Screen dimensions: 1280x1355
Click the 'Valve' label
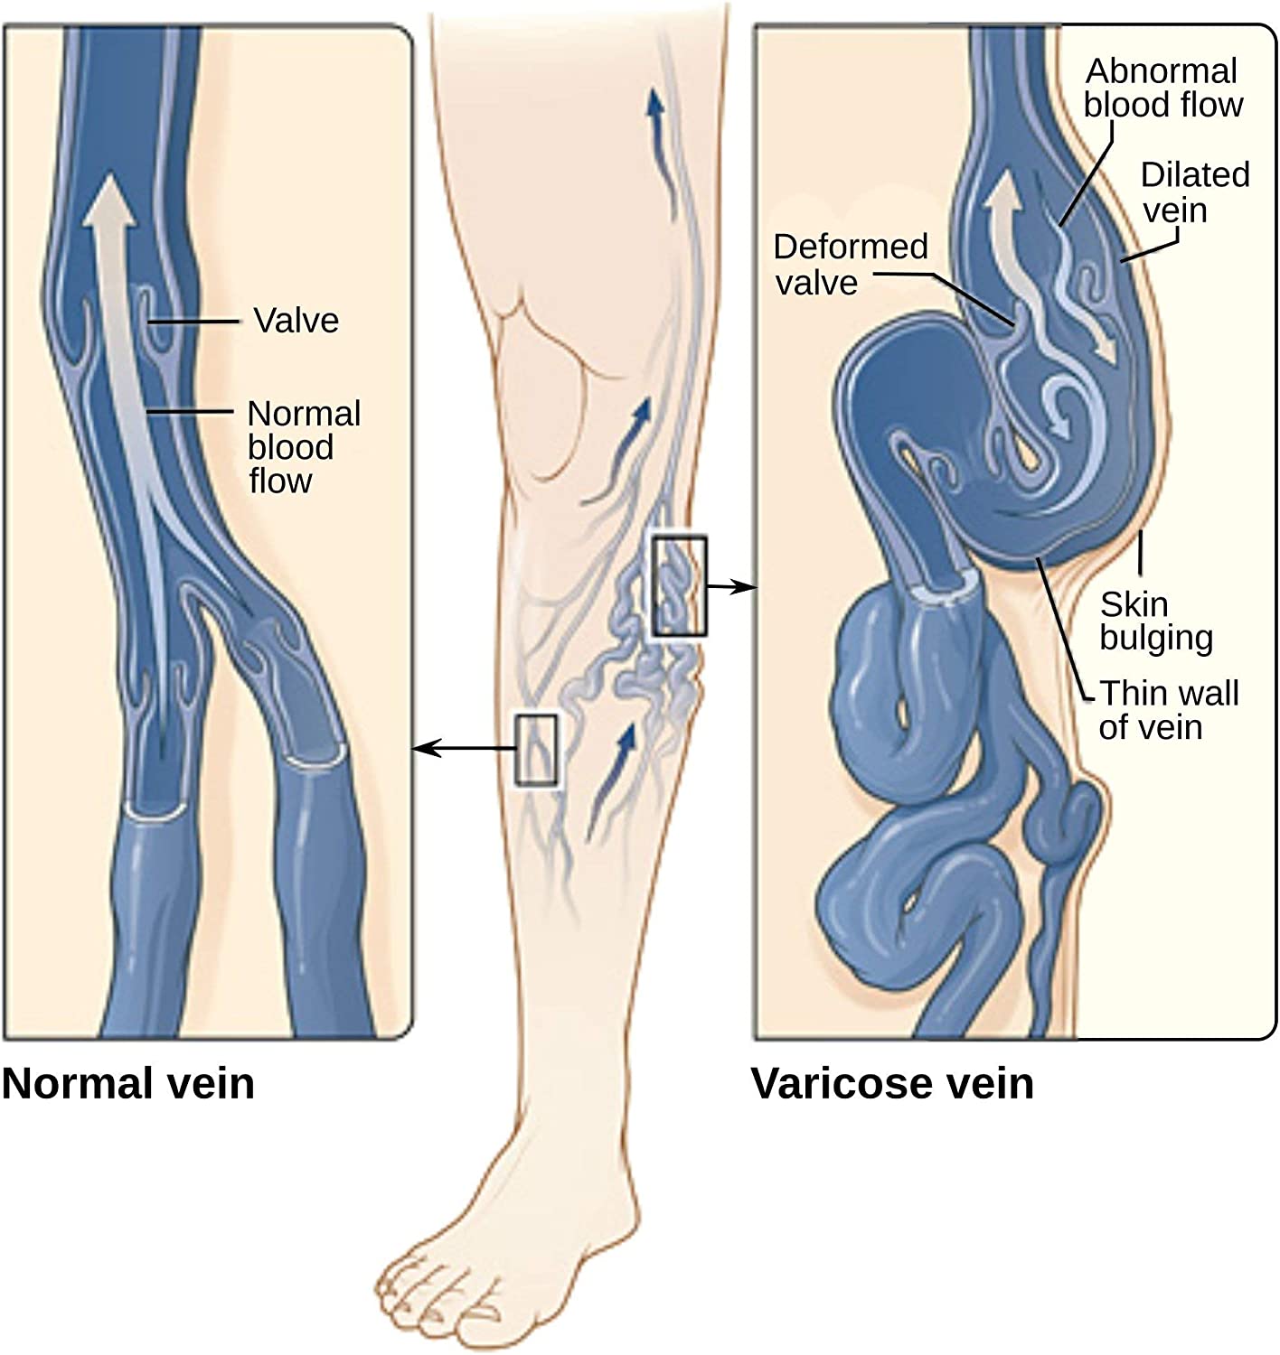(296, 320)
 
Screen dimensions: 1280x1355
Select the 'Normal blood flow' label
(304, 447)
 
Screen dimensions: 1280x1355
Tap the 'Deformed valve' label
(851, 265)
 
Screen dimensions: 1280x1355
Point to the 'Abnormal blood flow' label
(1163, 88)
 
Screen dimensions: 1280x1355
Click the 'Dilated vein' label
(1195, 192)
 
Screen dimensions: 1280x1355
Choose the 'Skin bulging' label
(1155, 621)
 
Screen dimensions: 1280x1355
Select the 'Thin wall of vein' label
(1169, 710)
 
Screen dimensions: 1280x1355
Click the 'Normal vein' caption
(128, 1083)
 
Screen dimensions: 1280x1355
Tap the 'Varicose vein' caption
(893, 1083)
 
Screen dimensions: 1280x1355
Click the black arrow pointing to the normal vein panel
(464, 749)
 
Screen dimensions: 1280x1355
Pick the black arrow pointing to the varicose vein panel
(731, 586)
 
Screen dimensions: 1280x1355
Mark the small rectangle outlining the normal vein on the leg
(536, 750)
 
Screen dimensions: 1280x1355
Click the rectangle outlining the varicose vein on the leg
(679, 586)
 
